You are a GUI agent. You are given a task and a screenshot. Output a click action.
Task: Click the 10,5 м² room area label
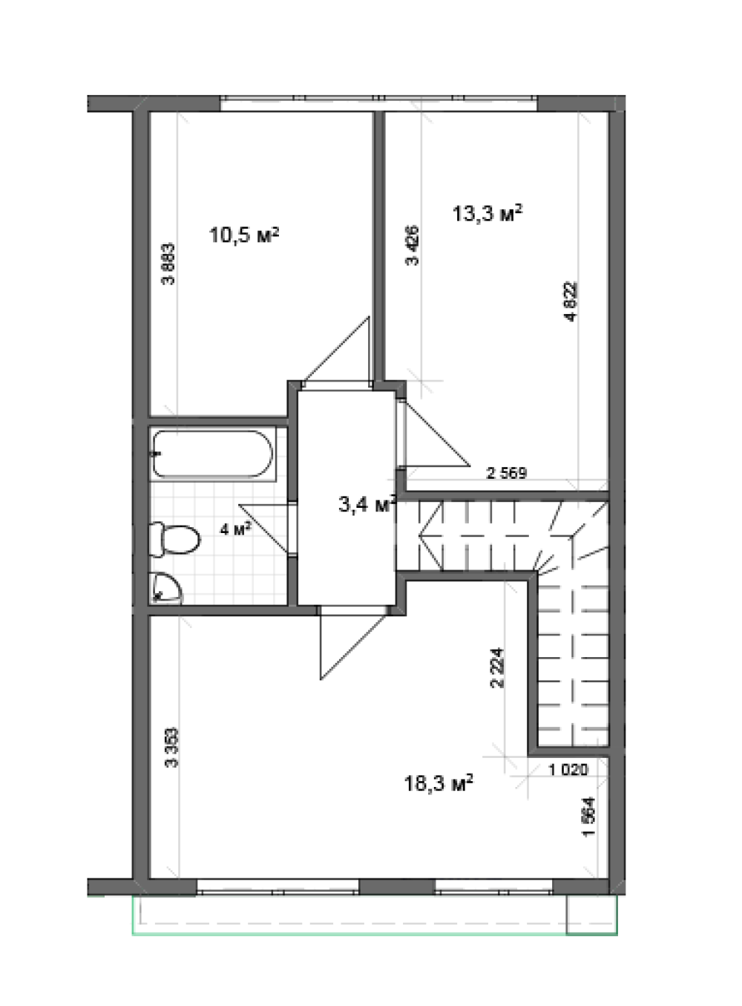pyautogui.click(x=244, y=235)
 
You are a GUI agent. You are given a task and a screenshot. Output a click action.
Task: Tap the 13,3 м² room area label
pyautogui.click(x=487, y=213)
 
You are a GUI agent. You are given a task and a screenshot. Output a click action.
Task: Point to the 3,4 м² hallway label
pyautogui.click(x=367, y=504)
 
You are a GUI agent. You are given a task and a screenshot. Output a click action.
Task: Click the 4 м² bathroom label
pyautogui.click(x=235, y=529)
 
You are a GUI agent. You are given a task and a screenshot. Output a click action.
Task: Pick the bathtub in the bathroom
pyautogui.click(x=212, y=454)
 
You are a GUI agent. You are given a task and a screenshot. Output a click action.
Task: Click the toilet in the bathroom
pyautogui.click(x=174, y=539)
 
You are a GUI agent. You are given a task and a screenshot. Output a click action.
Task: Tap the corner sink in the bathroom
pyautogui.click(x=165, y=589)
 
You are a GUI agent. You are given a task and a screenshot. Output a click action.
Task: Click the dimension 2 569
pyautogui.click(x=506, y=474)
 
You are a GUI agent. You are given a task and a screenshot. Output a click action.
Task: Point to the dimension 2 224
pyautogui.click(x=497, y=668)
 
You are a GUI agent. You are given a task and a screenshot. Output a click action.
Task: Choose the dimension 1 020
pyautogui.click(x=568, y=769)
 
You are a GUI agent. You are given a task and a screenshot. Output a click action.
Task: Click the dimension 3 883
pyautogui.click(x=168, y=264)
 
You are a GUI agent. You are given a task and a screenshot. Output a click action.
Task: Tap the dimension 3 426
pyautogui.click(x=412, y=246)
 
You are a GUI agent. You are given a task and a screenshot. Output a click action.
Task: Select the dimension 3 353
pyautogui.click(x=172, y=748)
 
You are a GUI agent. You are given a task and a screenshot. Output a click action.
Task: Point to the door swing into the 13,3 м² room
pyautogui.click(x=434, y=434)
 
